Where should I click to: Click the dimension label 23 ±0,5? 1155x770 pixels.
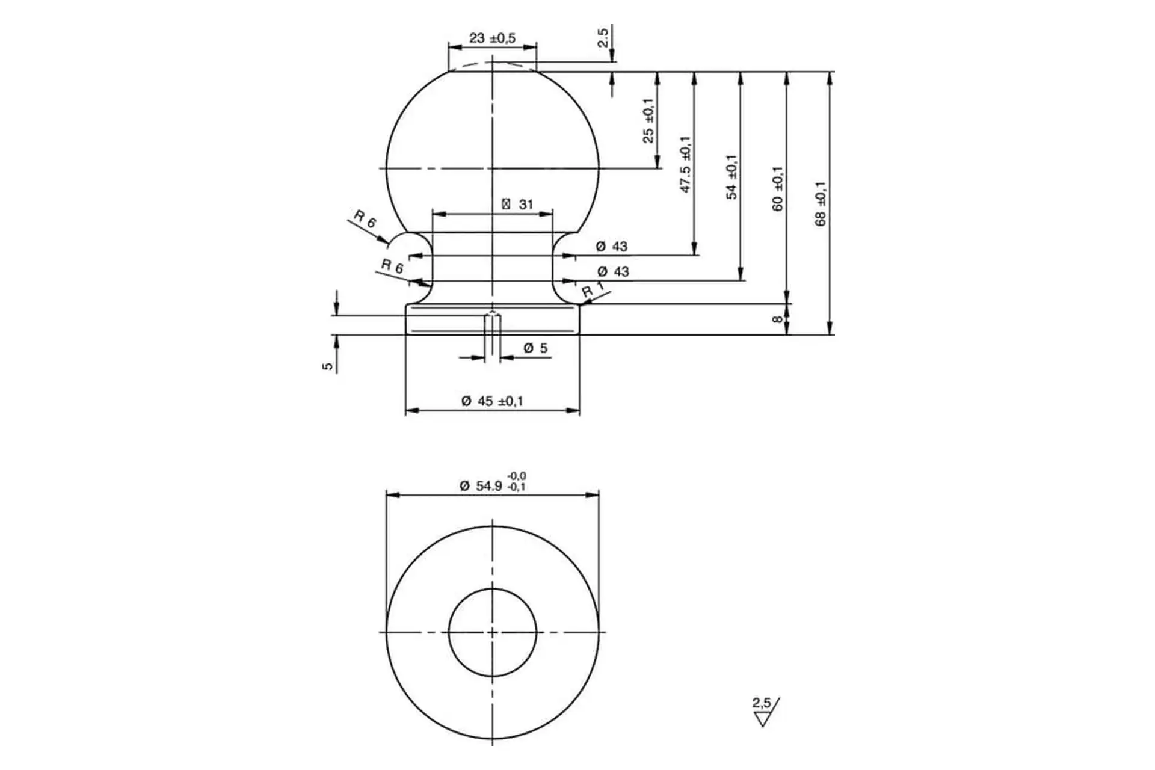point(492,38)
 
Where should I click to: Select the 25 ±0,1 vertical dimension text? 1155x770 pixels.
point(648,120)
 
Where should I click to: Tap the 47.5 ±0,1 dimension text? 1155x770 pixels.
point(686,164)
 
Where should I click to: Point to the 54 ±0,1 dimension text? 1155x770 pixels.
point(731,177)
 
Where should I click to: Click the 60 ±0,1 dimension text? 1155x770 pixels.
point(777,188)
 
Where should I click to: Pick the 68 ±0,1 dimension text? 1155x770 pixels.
point(821,204)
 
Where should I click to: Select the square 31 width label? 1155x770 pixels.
point(517,205)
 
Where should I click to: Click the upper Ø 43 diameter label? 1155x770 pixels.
point(612,246)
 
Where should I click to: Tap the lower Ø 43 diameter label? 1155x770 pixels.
point(613,271)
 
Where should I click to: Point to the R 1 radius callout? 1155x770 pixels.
point(593,290)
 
